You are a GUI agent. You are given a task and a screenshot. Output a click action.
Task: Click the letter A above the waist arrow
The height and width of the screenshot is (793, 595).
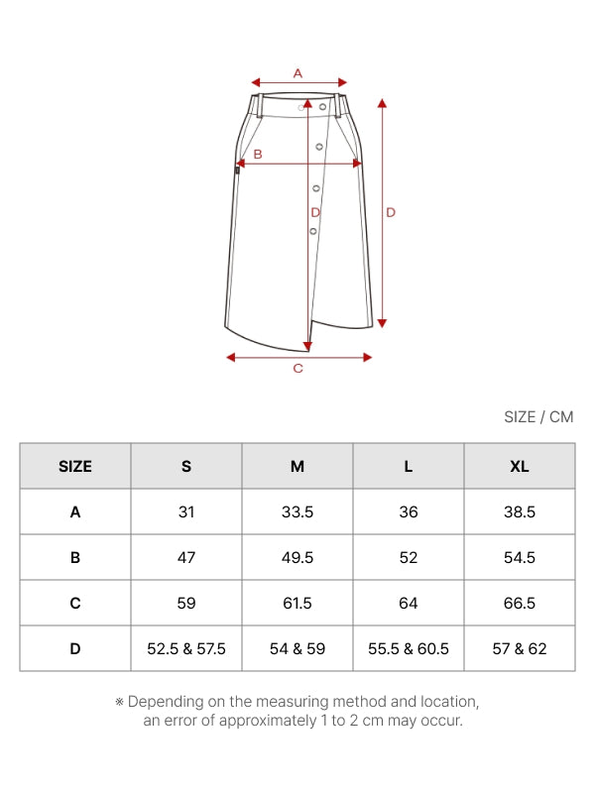tap(297, 73)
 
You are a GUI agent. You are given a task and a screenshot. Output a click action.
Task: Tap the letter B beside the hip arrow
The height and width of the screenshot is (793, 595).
tap(258, 155)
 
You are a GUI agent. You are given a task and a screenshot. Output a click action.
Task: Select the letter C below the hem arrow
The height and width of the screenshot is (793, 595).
tap(298, 368)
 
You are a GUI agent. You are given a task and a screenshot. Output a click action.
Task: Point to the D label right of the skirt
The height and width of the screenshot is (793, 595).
tap(391, 212)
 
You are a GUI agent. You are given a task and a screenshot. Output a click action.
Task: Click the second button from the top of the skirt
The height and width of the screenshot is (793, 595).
tap(319, 147)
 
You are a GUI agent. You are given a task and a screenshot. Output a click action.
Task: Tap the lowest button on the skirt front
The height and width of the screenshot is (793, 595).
tap(313, 231)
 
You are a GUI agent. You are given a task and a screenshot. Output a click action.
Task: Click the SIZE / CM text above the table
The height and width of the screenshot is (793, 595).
tap(538, 416)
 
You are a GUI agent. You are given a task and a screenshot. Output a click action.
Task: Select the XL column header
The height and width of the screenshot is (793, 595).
tap(519, 466)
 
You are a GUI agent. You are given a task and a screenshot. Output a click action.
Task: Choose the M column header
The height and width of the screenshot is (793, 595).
tap(297, 466)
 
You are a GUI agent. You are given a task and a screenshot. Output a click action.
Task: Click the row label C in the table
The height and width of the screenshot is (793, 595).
tap(75, 603)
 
